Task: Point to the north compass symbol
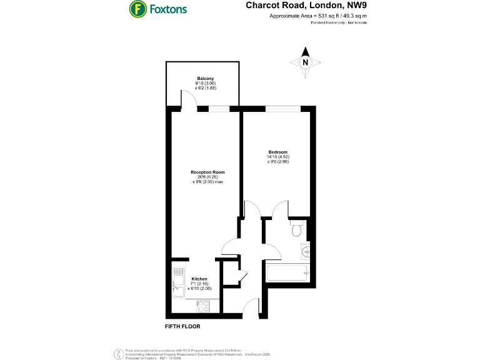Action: click(305, 62)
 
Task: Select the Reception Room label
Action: click(207, 172)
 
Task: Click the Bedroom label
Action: click(278, 152)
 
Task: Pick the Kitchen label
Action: click(199, 279)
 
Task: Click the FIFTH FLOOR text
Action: click(182, 326)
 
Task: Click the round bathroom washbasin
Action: click(306, 251)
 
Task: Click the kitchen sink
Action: click(177, 281)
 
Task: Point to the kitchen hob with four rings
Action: click(203, 306)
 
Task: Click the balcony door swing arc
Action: click(189, 98)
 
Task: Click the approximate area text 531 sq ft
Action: click(318, 17)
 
